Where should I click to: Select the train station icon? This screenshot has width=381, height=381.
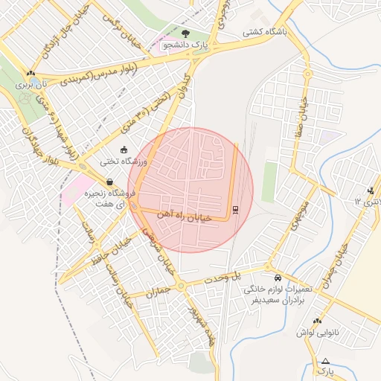pos(235,209)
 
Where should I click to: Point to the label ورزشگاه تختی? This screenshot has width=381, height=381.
pos(124,161)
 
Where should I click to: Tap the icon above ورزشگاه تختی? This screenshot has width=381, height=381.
pos(124,150)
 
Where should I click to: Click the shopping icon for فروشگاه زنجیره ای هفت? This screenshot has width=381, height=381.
pos(110,182)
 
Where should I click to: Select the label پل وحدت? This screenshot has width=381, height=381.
pos(225,276)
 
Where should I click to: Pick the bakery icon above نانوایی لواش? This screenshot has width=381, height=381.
pos(317,321)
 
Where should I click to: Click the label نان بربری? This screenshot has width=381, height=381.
pos(39,86)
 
